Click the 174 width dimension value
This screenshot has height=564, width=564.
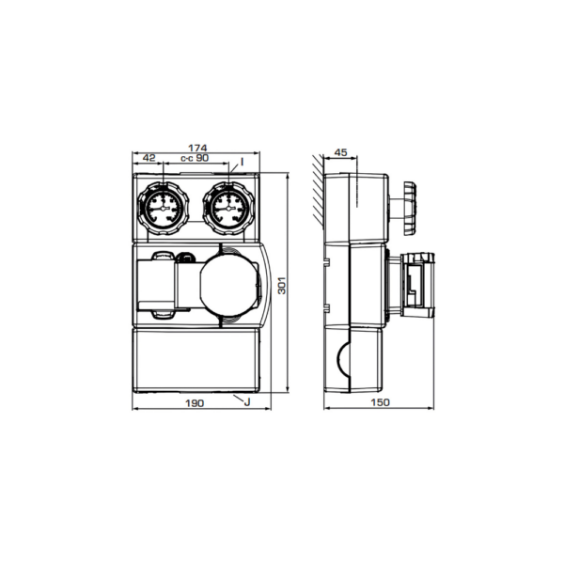pyautogui.click(x=197, y=148)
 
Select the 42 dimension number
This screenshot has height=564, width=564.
pyautogui.click(x=149, y=158)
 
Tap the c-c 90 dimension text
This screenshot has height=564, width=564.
pyautogui.click(x=195, y=158)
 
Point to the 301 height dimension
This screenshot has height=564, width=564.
pyautogui.click(x=282, y=285)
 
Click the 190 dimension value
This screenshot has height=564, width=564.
pyautogui.click(x=195, y=403)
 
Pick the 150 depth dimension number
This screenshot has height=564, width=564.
pyautogui.click(x=380, y=402)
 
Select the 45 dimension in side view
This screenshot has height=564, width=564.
pyautogui.click(x=340, y=152)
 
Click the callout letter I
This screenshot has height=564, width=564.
pyautogui.click(x=243, y=162)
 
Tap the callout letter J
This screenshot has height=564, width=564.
pyautogui.click(x=246, y=401)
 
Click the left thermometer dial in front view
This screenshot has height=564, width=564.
pyautogui.click(x=163, y=209)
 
